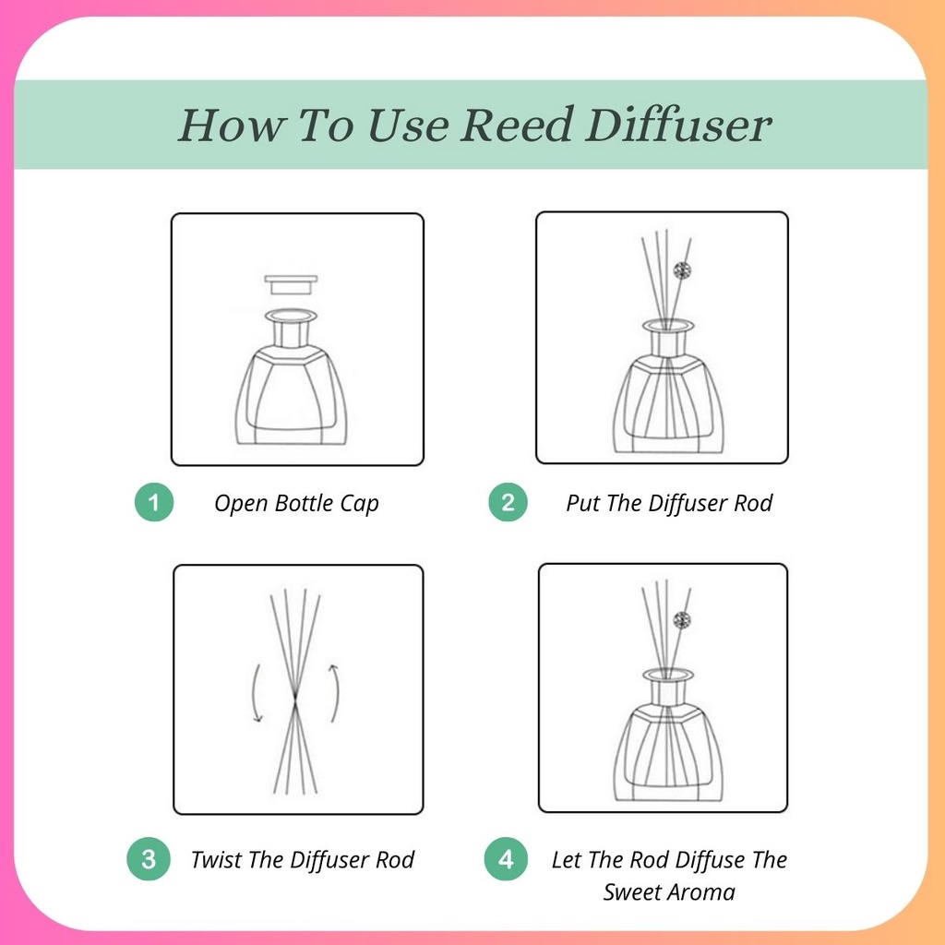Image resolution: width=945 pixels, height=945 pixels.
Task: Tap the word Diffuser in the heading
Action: click(678, 125)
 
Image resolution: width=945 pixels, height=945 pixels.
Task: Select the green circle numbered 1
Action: click(154, 502)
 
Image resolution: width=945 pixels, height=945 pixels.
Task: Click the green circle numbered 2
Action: click(508, 502)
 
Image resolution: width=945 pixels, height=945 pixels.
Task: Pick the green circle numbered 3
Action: click(149, 859)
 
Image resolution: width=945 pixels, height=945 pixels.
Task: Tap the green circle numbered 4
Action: click(506, 859)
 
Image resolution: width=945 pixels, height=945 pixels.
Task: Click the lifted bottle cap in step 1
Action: click(291, 284)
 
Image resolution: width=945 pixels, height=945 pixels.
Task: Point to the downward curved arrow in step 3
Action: click(257, 693)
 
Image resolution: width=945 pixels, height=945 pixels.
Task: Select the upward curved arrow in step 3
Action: click(334, 692)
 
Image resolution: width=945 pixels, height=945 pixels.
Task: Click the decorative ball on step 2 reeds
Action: click(682, 271)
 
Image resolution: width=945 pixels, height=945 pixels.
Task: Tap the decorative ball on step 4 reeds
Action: click(682, 620)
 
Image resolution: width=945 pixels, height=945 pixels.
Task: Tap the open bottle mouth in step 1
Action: click(291, 316)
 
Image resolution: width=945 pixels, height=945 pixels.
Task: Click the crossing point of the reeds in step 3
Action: click(294, 700)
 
